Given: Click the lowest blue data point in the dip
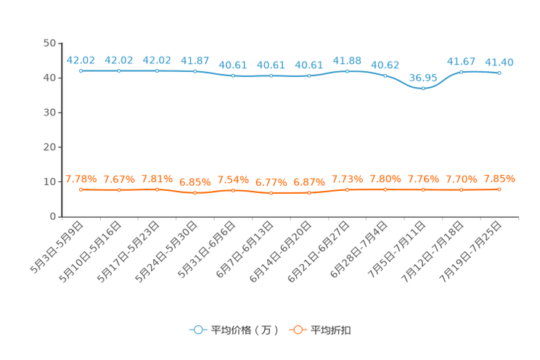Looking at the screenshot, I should click(423, 88).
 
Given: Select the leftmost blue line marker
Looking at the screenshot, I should click(81, 70).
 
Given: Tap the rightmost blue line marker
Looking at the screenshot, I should click(499, 73).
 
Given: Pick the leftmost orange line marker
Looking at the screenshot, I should click(81, 190).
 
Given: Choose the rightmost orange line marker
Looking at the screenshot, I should click(499, 189).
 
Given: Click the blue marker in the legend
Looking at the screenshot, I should click(197, 330).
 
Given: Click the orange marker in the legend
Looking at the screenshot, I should click(297, 330).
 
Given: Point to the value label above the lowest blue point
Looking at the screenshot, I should click(423, 76).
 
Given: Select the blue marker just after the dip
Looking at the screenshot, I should click(461, 71).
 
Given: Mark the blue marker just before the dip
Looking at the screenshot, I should click(385, 75).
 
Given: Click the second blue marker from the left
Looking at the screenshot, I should click(119, 70).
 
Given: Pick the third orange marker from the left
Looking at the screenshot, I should click(157, 189).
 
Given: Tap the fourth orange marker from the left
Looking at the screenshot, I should click(195, 194).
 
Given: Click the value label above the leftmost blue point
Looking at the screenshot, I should click(81, 60).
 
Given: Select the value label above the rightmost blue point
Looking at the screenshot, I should click(499, 62).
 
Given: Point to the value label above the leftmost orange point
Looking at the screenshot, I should click(81, 179).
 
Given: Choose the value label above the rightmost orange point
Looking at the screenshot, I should click(499, 179).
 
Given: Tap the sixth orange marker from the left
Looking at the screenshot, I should click(271, 194).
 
